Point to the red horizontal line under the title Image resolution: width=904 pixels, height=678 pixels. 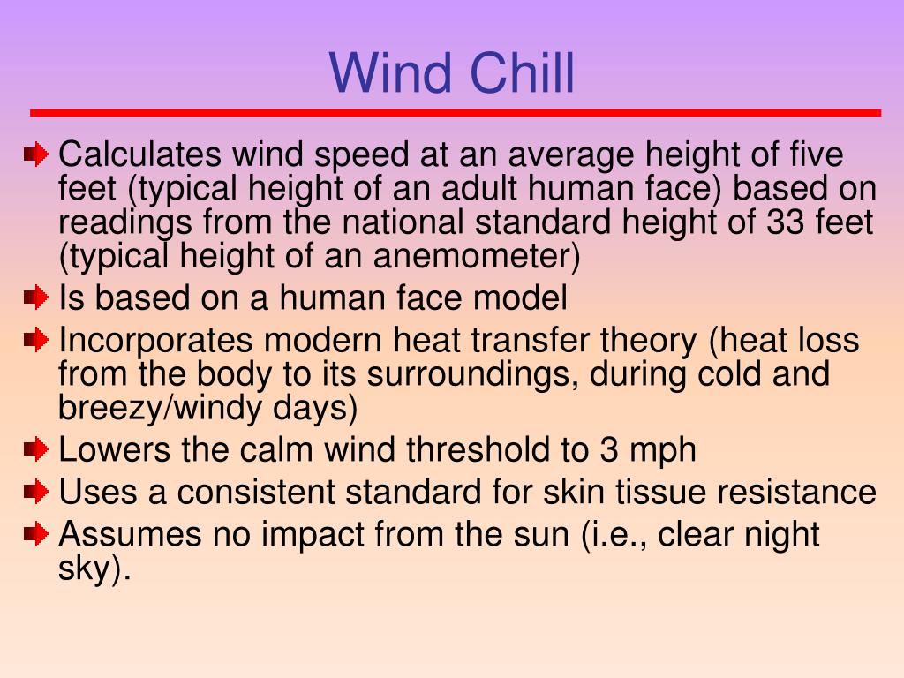click(x=456, y=113)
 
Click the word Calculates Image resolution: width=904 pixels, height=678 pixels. click(x=139, y=155)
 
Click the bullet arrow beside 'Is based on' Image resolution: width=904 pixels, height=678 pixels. click(x=36, y=298)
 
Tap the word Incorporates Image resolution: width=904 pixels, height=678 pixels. click(x=156, y=340)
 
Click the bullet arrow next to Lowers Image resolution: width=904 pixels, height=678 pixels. click(x=36, y=450)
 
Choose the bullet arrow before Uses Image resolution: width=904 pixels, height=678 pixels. click(x=36, y=492)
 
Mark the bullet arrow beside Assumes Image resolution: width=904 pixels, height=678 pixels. click(x=36, y=534)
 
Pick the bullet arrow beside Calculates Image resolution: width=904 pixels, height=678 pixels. click(x=36, y=155)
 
